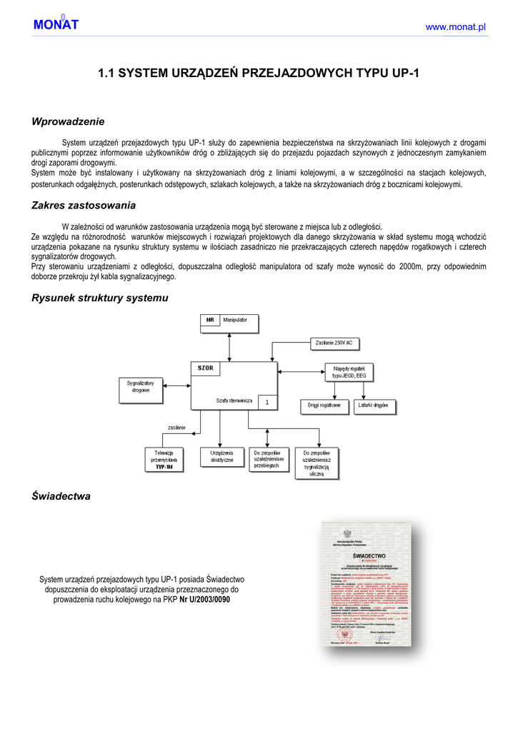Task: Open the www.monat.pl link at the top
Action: (455, 26)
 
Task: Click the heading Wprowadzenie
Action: (68, 121)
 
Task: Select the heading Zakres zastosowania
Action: (84, 206)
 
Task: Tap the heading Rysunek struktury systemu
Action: (99, 298)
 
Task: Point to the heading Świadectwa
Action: (61, 495)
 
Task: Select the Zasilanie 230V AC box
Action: (334, 343)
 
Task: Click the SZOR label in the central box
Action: (206, 368)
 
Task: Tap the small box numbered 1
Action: (267, 403)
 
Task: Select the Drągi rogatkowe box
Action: (324, 405)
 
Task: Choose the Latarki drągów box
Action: (375, 405)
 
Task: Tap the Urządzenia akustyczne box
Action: (222, 457)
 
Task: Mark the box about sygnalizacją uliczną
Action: (317, 463)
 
